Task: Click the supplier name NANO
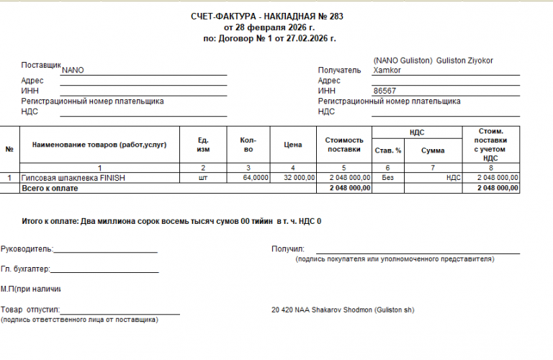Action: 73,71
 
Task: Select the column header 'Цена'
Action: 292,145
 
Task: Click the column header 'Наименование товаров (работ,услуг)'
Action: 99,145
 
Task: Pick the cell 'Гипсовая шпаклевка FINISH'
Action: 74,177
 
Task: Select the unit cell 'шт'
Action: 203,177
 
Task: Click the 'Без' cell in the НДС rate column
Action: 387,177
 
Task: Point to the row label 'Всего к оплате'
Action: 50,188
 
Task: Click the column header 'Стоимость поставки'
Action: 344,145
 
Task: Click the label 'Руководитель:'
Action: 27,249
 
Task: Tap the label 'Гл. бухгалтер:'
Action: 26,269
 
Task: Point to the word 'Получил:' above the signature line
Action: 288,249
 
